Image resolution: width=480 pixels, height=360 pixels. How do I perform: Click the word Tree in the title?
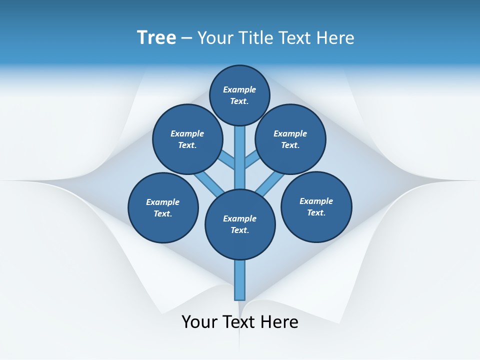(156, 37)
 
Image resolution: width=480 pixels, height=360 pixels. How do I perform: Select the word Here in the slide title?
(336, 37)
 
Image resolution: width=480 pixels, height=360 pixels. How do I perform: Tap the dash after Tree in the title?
(186, 38)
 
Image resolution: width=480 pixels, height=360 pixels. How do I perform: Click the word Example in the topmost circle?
(239, 89)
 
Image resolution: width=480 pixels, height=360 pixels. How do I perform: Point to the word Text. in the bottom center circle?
(239, 230)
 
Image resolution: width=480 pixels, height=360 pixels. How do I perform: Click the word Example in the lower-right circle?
(316, 201)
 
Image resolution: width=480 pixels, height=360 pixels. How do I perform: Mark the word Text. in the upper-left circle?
(187, 145)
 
